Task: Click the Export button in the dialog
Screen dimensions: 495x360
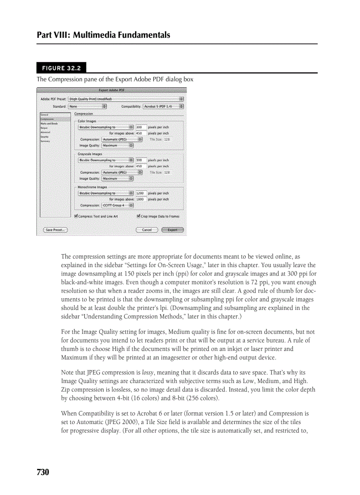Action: pos(172,230)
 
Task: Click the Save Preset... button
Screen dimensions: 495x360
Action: pos(55,230)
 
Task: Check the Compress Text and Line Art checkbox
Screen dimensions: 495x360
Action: pos(76,216)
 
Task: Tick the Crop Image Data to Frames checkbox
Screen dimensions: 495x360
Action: pos(139,216)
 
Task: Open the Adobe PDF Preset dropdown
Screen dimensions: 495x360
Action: pos(126,99)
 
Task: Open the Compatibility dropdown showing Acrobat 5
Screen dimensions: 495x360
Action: pos(164,106)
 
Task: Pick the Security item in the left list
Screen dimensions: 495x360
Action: pos(45,137)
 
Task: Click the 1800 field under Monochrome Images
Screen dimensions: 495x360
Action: pos(140,199)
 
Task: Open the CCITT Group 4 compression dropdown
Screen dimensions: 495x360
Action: pos(117,205)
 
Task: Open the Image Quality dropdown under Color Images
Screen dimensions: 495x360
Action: pos(117,145)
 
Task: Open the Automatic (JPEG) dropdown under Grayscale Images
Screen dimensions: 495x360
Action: pos(122,172)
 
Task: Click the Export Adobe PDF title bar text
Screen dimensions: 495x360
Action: pos(112,90)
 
